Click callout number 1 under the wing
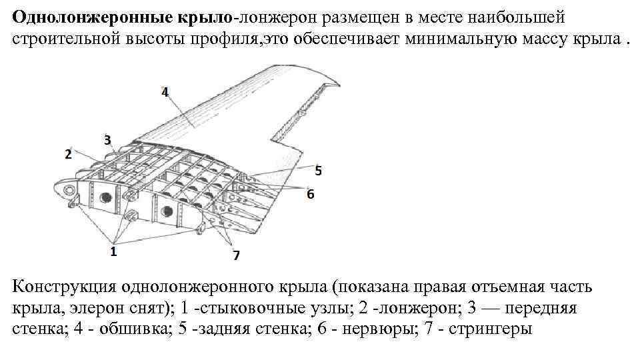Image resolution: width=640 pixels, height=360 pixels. [x=113, y=251]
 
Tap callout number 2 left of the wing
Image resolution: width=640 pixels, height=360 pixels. [x=68, y=155]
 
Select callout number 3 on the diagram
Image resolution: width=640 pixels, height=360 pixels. [x=107, y=139]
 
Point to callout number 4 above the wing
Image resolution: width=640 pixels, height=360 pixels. [x=165, y=92]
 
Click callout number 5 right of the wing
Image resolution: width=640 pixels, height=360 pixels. [x=318, y=171]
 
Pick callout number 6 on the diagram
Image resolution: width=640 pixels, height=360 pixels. [x=310, y=193]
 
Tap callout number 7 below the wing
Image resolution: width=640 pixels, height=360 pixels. [x=235, y=255]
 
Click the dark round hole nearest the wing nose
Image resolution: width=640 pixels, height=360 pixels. [x=105, y=197]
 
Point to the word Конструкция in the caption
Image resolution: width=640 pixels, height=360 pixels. [x=63, y=287]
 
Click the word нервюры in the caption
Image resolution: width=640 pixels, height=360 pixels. [x=373, y=329]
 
